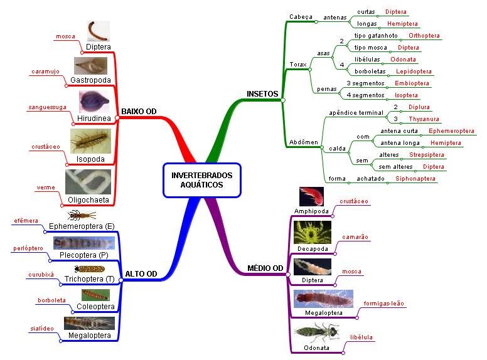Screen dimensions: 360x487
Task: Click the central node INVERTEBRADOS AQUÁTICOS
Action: coord(201,180)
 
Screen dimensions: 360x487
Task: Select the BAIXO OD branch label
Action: coord(138,112)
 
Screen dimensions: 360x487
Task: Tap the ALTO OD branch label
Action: coord(141,274)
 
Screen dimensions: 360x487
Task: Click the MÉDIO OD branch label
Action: coord(265,268)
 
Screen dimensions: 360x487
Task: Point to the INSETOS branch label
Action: coord(263,93)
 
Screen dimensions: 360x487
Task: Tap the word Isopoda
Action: coord(90,159)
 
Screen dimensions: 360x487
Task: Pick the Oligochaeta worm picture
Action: coord(88,181)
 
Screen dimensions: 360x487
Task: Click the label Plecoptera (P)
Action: coord(83,255)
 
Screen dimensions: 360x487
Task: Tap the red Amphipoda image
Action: coord(311,197)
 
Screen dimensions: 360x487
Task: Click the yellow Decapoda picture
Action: coord(312,232)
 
